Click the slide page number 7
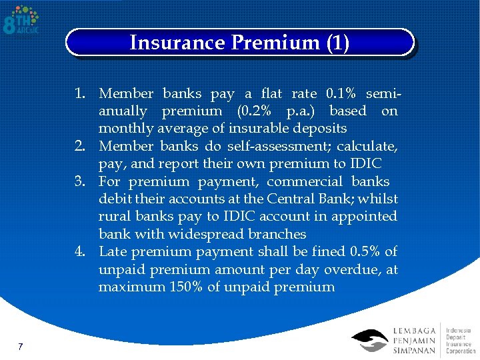click(21, 347)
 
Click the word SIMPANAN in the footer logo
click(415, 351)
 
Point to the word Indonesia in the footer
click(459, 330)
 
